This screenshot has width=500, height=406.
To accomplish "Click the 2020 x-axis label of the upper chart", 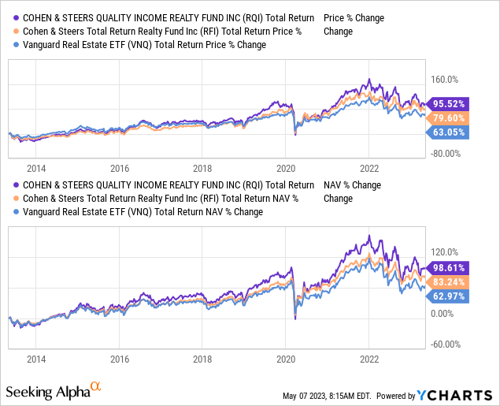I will coord(286,168).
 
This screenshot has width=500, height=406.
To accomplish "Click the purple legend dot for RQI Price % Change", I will coord(16,17).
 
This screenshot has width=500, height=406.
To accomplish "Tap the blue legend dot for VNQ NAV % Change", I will coord(16,213).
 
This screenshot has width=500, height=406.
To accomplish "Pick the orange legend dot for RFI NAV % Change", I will coord(16,199).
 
